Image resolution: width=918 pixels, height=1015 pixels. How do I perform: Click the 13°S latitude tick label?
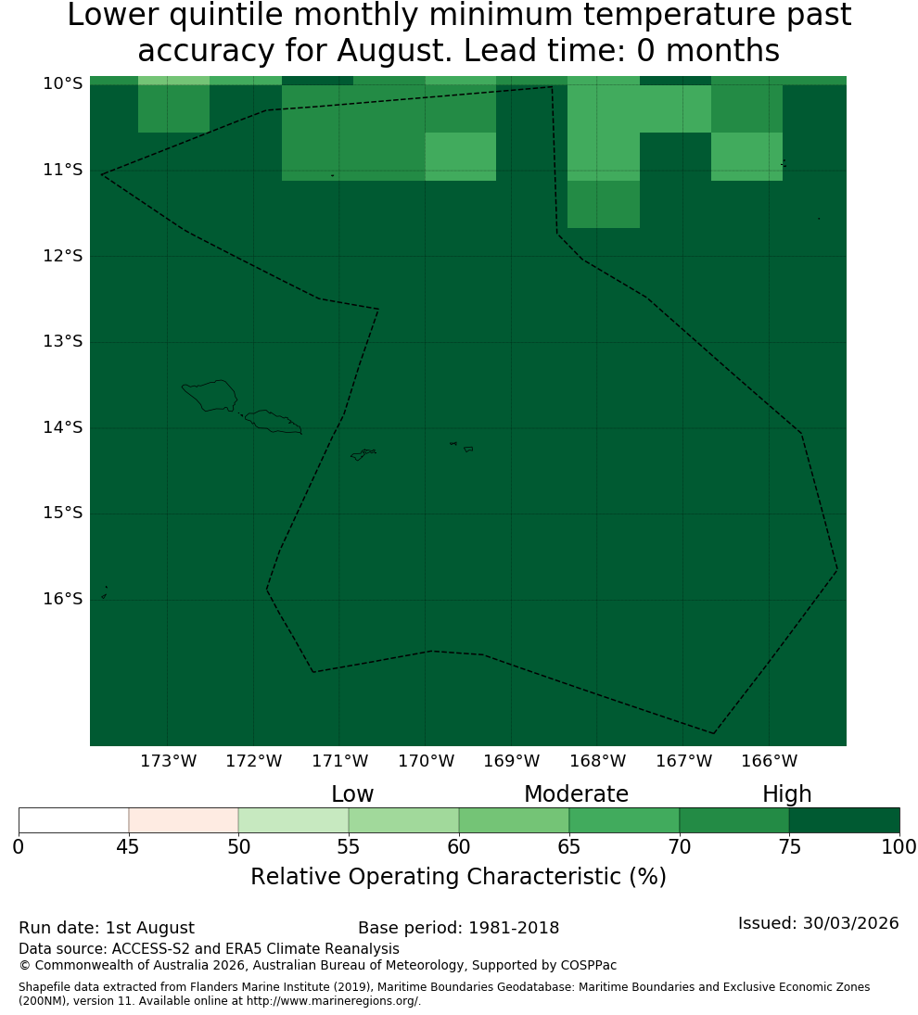(x=63, y=341)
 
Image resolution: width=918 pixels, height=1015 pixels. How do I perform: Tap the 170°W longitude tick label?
(x=426, y=761)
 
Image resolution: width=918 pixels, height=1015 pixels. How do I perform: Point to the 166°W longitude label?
(x=769, y=761)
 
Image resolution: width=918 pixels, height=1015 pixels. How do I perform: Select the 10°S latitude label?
(x=63, y=83)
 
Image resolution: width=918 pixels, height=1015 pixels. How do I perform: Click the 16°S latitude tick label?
(x=63, y=599)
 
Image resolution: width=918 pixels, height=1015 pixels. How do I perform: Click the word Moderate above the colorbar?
(x=576, y=793)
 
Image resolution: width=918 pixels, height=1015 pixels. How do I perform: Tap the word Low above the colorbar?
(x=352, y=793)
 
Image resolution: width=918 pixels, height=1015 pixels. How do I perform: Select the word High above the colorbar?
(x=786, y=794)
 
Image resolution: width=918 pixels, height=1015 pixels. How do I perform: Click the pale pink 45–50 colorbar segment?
(x=184, y=820)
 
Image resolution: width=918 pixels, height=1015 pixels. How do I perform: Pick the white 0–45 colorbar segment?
(x=74, y=820)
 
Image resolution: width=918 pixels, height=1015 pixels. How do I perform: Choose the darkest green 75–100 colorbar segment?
(x=844, y=820)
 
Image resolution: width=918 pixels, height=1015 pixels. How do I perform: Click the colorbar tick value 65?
(x=569, y=846)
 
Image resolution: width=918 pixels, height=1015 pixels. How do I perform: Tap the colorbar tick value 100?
(x=899, y=846)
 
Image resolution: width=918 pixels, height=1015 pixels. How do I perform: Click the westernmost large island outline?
(x=210, y=396)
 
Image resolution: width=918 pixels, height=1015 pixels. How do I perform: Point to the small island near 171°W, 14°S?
(x=363, y=454)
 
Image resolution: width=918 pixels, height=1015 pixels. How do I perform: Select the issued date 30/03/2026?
(x=850, y=923)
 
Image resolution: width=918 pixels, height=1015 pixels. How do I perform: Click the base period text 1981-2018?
(x=514, y=928)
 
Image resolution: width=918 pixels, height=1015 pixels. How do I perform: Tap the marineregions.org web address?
(x=333, y=1001)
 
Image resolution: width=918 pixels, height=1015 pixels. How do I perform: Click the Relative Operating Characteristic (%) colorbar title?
(x=458, y=877)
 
